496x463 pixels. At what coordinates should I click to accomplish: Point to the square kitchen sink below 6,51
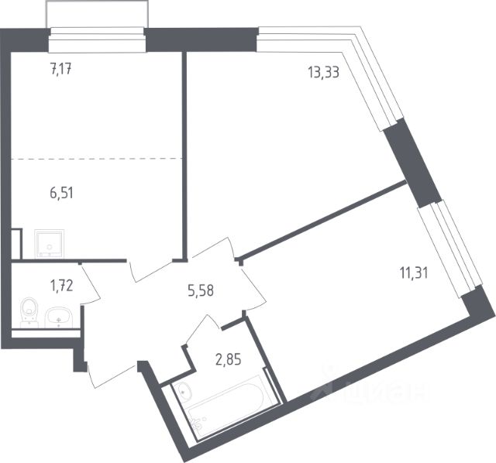51,244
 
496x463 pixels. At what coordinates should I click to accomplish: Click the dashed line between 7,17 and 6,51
97,158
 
